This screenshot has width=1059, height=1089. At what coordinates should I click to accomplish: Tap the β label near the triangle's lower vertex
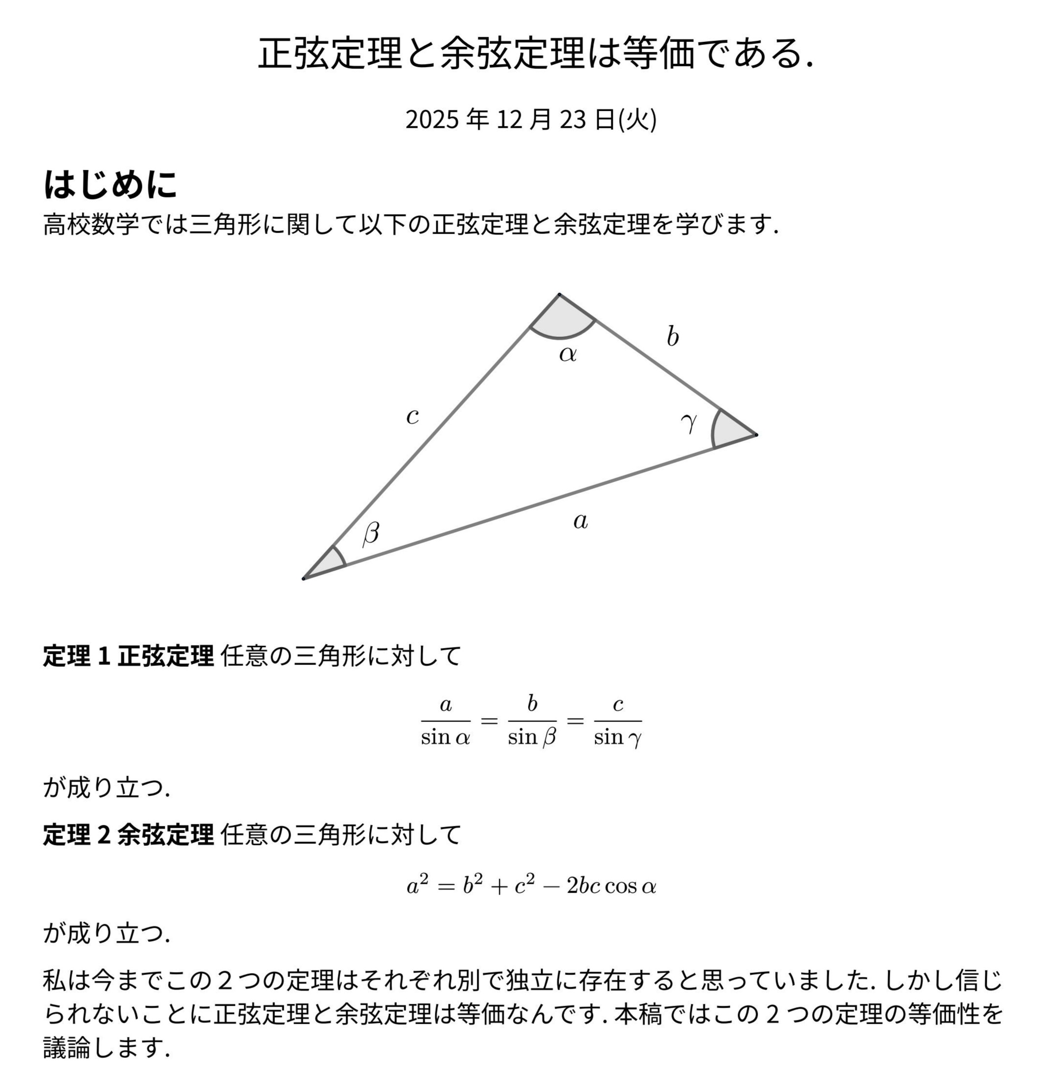tap(371, 533)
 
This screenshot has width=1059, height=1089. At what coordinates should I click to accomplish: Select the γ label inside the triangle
tap(688, 422)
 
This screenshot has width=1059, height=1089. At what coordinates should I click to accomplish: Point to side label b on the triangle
tap(672, 337)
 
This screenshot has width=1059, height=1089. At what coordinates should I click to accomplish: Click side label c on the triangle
tap(412, 416)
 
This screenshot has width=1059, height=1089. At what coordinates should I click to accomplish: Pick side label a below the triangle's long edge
tap(580, 522)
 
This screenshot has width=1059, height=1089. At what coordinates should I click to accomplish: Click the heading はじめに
tap(110, 184)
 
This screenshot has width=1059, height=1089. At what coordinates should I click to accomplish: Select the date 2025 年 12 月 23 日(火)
tap(530, 119)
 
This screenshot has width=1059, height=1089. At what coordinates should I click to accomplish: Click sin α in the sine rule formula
tap(446, 738)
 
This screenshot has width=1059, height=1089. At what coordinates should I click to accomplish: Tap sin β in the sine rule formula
tap(532, 738)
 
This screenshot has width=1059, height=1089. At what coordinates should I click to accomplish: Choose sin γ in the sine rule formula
tap(617, 738)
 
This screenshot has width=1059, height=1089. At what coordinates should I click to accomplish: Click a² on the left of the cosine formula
tap(417, 884)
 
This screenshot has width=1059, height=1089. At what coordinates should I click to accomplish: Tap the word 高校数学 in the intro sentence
tap(91, 225)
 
